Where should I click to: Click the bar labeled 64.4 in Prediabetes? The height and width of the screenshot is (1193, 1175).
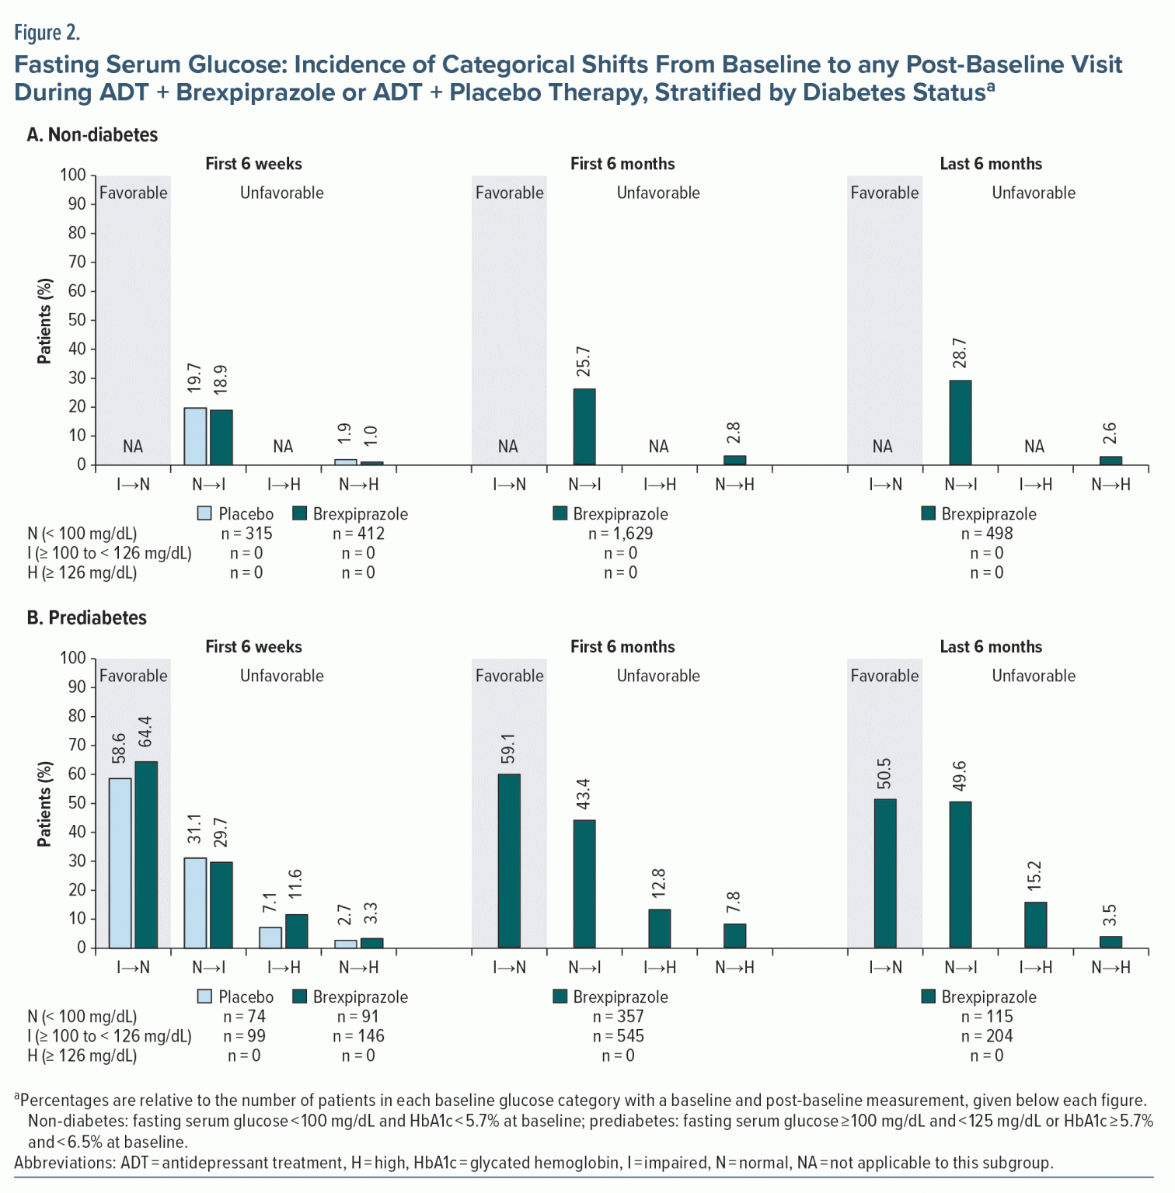(x=146, y=854)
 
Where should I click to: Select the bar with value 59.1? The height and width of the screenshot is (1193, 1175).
(x=509, y=861)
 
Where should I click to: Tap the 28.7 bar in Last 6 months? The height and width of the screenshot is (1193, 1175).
(x=961, y=423)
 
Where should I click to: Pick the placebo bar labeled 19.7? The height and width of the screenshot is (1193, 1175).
(x=195, y=436)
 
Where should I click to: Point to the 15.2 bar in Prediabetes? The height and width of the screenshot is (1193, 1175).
(x=1035, y=924)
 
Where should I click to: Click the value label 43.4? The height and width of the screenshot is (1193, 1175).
(x=584, y=794)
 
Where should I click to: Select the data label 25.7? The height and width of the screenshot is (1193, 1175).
(x=584, y=362)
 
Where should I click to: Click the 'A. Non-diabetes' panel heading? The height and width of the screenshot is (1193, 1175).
(x=92, y=135)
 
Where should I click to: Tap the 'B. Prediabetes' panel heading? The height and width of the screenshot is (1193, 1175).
(x=86, y=618)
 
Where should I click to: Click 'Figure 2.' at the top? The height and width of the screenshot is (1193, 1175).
(x=47, y=33)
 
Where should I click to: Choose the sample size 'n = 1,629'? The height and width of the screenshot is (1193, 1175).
(x=620, y=534)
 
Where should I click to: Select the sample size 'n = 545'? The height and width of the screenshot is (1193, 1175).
(x=619, y=1036)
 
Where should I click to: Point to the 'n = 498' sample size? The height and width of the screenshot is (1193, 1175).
(x=987, y=534)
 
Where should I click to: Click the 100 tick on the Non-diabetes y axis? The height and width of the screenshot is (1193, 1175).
(x=73, y=175)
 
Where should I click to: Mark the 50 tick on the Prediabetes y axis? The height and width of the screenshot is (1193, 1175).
(x=76, y=803)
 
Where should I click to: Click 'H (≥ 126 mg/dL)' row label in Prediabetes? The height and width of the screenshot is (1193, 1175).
(x=82, y=1056)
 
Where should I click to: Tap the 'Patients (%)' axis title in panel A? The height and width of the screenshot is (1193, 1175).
(x=45, y=321)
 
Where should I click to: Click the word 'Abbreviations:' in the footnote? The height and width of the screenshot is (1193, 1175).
(x=65, y=1163)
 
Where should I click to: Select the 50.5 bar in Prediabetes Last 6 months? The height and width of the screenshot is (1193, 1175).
(x=885, y=873)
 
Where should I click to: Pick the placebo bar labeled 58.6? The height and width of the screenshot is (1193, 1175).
(x=120, y=863)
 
